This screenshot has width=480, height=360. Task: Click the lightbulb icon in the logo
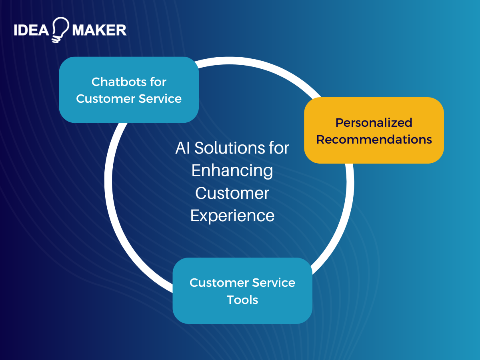(60, 29)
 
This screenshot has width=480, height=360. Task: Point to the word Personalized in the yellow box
(374, 123)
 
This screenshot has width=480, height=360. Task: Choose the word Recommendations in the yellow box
(374, 140)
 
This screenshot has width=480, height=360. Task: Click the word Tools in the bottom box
(242, 300)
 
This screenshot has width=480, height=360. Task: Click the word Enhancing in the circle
(232, 171)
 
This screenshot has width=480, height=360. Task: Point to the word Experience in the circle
(232, 216)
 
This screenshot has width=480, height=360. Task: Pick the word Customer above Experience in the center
(232, 193)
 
